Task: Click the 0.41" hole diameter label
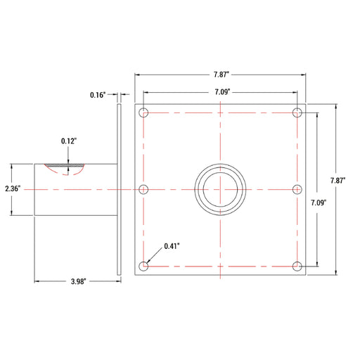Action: (x=172, y=246)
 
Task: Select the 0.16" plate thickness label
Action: (x=98, y=95)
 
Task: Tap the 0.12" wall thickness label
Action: (x=69, y=141)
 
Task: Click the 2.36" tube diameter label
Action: (x=13, y=188)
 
